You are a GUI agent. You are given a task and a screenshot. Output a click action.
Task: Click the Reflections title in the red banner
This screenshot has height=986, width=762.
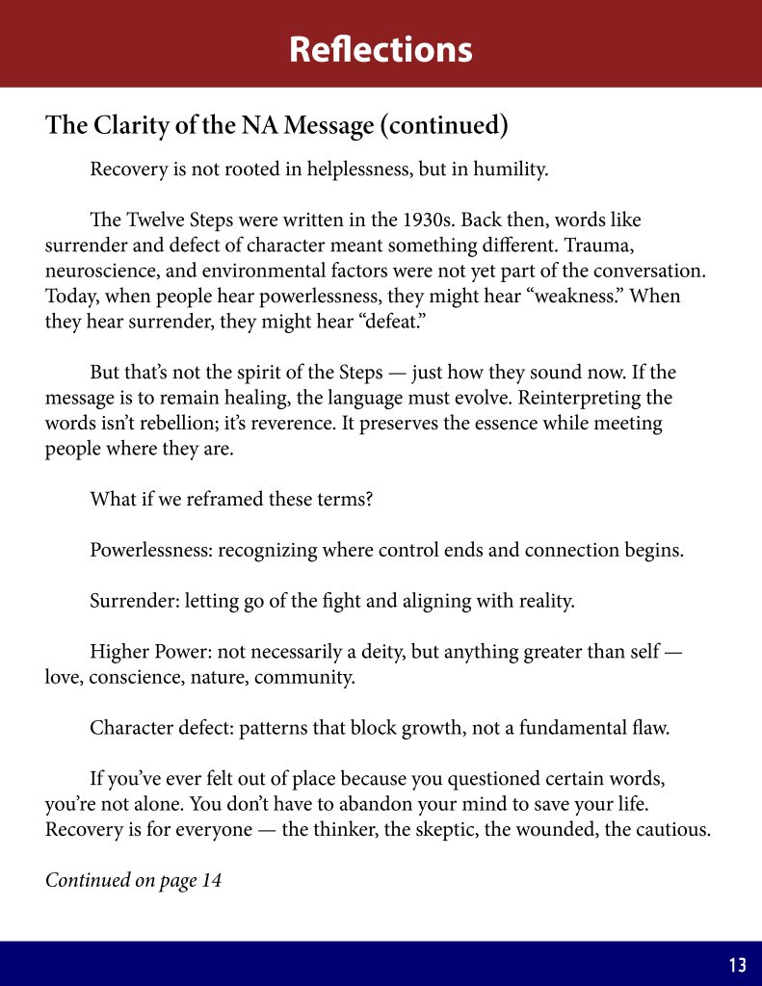381,49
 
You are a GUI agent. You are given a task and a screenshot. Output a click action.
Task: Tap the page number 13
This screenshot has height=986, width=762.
738,965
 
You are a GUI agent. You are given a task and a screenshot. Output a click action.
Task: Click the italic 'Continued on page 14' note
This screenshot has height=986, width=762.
133,880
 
